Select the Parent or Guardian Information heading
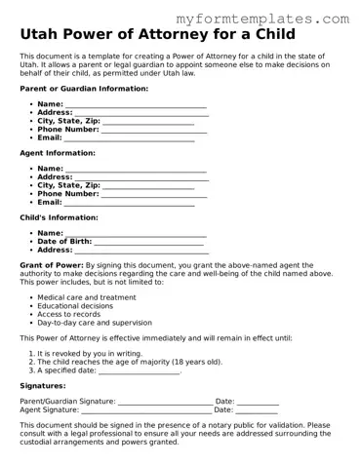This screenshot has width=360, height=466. click(84, 89)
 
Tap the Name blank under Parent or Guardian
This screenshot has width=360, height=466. click(136, 104)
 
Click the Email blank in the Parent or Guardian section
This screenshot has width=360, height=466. click(130, 138)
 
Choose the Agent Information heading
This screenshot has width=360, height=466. click(58, 153)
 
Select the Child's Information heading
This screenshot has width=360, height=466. click(59, 217)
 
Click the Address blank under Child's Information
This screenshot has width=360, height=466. click(141, 251)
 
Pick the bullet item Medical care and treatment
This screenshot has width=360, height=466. click(87, 297)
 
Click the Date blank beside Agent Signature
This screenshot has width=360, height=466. click(258, 410)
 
